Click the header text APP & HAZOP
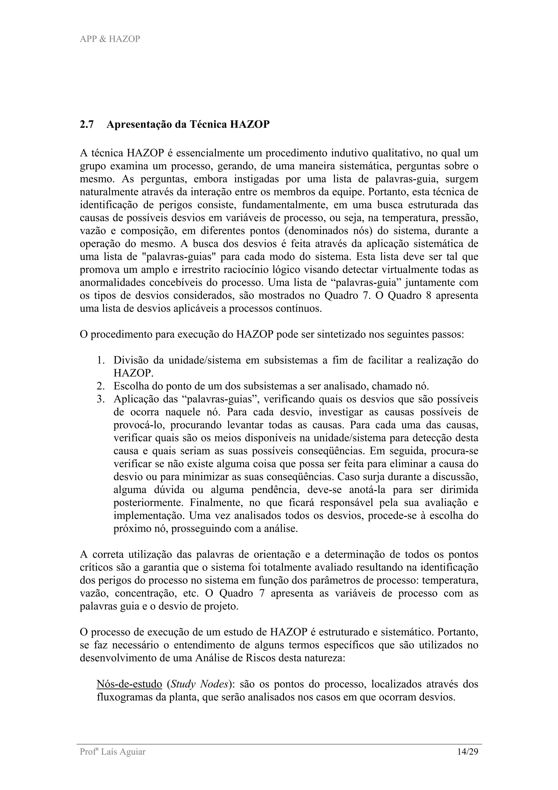tap(110, 39)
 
